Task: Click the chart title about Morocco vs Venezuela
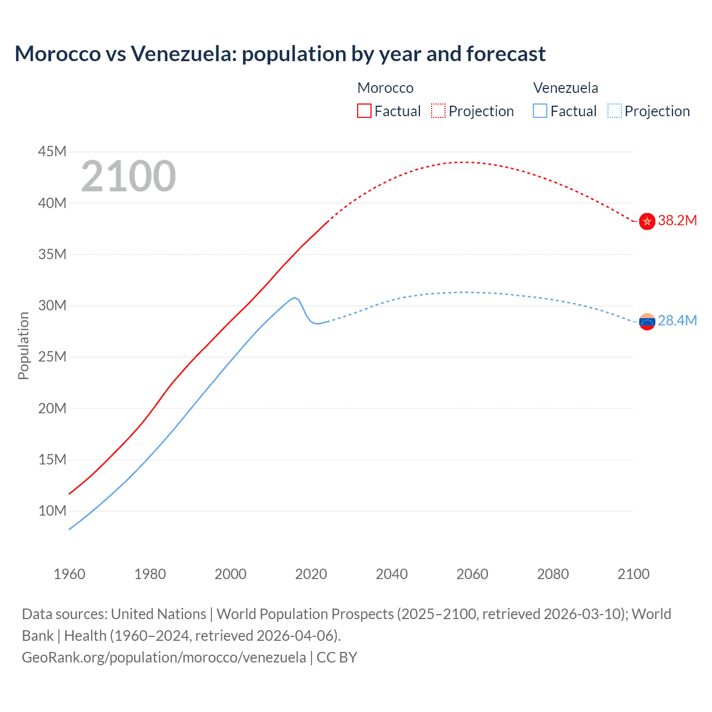click(280, 54)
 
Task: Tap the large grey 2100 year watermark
click(128, 176)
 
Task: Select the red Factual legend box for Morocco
click(364, 111)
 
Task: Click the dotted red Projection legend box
click(438, 111)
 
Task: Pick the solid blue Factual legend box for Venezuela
click(540, 111)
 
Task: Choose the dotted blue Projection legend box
click(614, 111)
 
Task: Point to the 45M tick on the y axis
click(52, 151)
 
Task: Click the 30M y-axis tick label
click(52, 305)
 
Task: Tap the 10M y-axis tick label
click(52, 511)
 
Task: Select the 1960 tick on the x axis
click(70, 574)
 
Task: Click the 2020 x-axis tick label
click(311, 574)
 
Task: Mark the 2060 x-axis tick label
click(472, 574)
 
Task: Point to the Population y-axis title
click(23, 345)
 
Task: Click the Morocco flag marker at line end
click(647, 221)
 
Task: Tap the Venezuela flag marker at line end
click(647, 322)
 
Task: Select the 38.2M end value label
click(677, 221)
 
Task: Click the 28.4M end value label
click(677, 321)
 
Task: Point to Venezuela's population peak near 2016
click(294, 298)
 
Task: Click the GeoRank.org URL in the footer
click(164, 657)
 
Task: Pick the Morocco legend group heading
click(385, 88)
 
